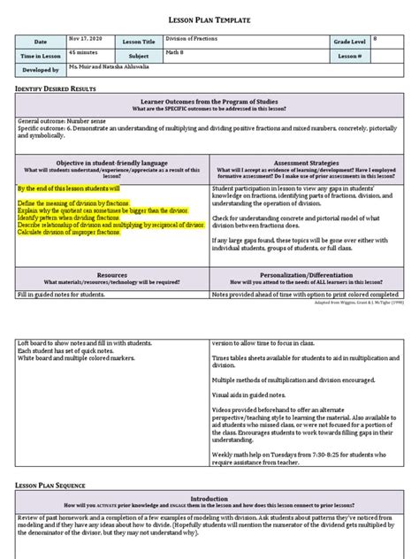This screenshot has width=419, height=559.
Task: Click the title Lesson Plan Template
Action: [x=209, y=19]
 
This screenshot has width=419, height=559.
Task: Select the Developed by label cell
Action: [x=40, y=69]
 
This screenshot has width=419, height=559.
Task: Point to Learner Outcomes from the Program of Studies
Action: [x=209, y=102]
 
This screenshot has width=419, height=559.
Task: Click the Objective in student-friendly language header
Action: [x=110, y=163]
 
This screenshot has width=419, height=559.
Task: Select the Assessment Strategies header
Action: [x=309, y=163]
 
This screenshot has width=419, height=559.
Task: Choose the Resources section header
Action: [x=110, y=274]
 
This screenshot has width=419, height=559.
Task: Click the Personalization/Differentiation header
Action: [x=309, y=274]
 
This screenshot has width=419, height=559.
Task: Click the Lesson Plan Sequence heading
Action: [x=53, y=486]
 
